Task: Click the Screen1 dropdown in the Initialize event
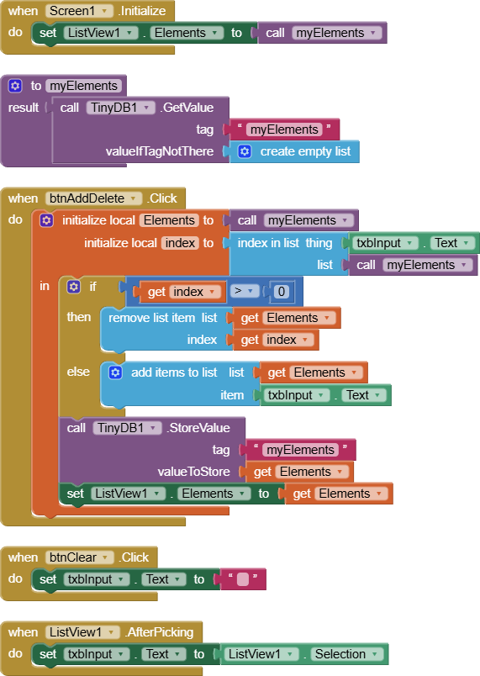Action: point(79,11)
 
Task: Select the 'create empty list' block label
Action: point(305,151)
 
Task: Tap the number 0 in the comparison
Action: point(282,292)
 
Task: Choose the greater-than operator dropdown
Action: point(244,291)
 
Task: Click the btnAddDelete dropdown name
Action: point(93,198)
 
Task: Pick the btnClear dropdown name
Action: point(79,557)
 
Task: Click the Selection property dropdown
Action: point(345,654)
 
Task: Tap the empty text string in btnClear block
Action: point(243,579)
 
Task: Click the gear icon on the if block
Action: point(74,287)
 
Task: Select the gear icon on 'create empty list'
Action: point(245,151)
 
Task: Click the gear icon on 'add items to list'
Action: point(115,372)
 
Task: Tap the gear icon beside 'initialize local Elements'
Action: point(46,220)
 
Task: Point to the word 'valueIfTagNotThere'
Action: point(160,151)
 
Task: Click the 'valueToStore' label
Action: point(193,472)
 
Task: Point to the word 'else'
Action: point(78,372)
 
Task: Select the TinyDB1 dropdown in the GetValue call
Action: point(121,108)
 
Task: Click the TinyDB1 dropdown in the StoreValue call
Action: point(127,428)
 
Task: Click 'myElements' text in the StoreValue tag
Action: point(300,450)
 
